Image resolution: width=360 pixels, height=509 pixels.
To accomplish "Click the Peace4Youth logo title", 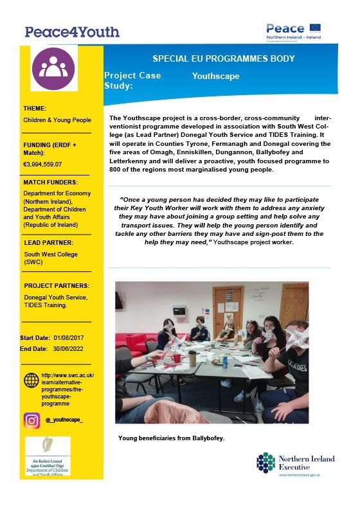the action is (72, 31).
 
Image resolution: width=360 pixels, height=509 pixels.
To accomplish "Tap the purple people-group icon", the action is (53, 67).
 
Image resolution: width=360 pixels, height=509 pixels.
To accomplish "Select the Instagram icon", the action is (32, 420).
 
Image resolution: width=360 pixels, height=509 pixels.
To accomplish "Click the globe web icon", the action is (32, 380).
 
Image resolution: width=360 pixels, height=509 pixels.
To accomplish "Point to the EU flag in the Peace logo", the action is (314, 28).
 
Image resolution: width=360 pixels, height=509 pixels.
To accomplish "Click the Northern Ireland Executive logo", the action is (289, 463).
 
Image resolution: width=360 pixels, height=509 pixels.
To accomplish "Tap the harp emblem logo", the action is (47, 444).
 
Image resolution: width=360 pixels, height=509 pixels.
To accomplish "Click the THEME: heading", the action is (35, 109).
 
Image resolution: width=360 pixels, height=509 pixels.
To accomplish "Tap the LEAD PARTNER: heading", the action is (48, 244).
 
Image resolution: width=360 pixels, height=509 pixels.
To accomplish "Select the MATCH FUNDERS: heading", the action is (51, 183).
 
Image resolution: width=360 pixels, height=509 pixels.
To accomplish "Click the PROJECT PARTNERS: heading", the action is (57, 285).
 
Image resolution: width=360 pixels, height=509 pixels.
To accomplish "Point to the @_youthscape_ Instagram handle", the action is (64, 420).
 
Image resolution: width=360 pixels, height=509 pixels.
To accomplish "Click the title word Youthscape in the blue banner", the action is (215, 76).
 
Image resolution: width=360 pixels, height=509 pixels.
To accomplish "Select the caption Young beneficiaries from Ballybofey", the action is (171, 438).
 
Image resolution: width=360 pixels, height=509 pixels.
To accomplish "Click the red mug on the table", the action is (175, 357).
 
